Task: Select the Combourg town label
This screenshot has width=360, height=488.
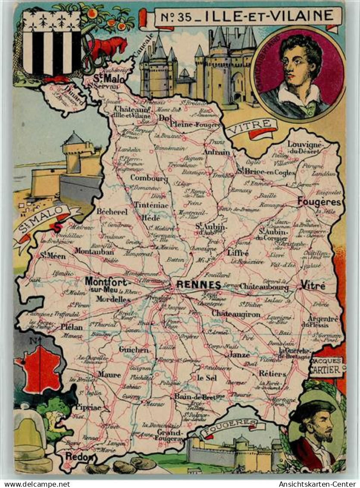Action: [149, 178]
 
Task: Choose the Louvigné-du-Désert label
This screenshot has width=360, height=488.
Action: [304, 148]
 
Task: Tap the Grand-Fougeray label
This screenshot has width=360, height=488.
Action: [170, 435]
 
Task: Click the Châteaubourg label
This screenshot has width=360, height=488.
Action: [264, 286]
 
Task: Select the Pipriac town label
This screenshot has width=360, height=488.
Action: [88, 407]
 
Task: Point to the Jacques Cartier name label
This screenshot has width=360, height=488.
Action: [326, 366]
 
